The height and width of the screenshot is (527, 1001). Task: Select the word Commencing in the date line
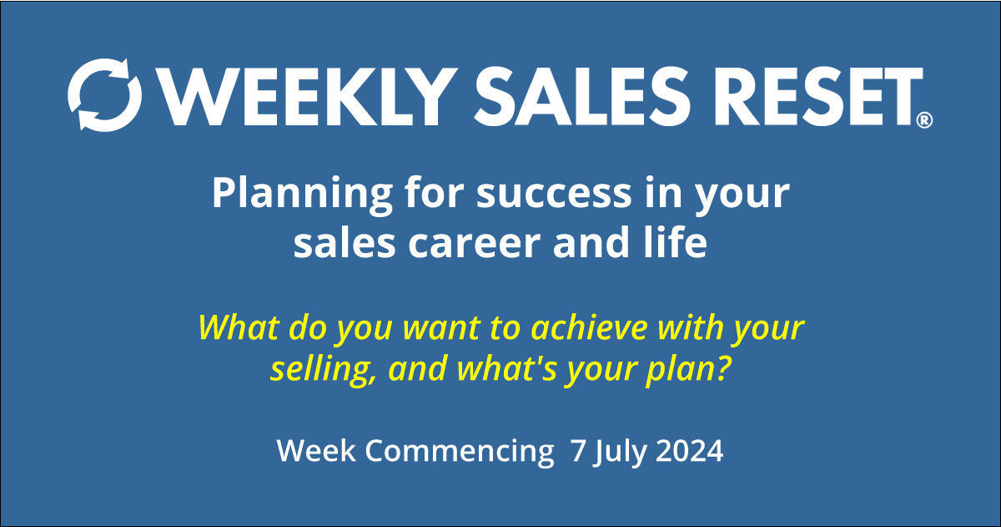[454, 451]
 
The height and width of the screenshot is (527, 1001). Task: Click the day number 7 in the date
[577, 451]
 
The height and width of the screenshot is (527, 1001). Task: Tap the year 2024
[690, 451]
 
